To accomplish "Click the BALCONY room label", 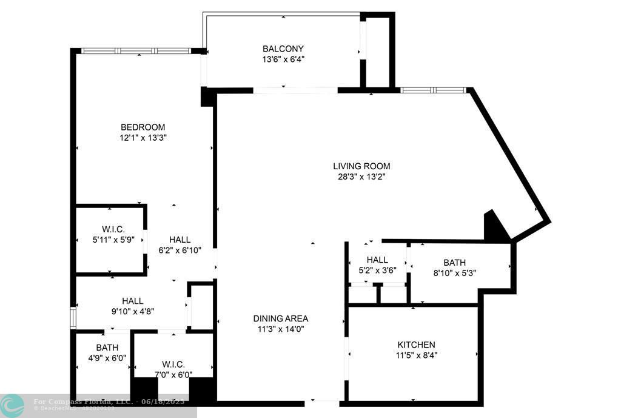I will (x=283, y=49).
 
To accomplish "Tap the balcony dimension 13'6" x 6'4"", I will (x=283, y=59).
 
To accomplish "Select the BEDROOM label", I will (x=143, y=127).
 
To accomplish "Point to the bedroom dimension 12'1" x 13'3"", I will (x=143, y=138).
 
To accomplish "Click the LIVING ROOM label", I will (x=361, y=166).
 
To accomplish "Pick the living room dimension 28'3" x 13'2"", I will (x=361, y=177).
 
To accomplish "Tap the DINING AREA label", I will (x=280, y=318).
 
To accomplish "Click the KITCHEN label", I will (x=416, y=345).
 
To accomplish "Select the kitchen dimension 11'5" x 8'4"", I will (x=416, y=356).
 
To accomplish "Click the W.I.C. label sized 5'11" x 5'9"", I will (x=113, y=229).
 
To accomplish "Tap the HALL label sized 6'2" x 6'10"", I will (x=180, y=240).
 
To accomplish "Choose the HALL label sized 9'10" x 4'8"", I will (x=132, y=300).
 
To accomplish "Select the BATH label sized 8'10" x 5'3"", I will (x=454, y=262).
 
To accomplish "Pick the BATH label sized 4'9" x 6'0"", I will (x=107, y=348).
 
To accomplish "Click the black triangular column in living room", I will (x=495, y=229).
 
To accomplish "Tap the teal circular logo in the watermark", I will (x=12, y=405).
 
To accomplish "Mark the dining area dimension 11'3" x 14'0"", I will (x=280, y=329).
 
